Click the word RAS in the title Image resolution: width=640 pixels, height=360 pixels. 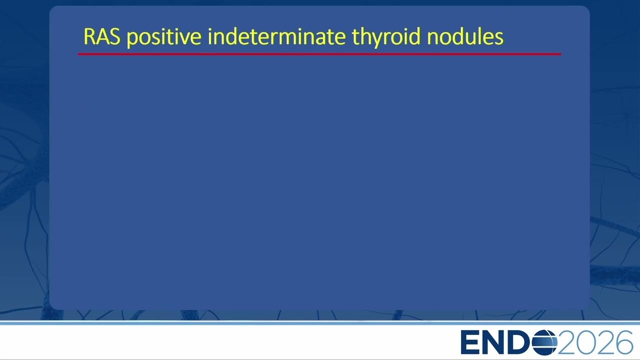[x=102, y=36]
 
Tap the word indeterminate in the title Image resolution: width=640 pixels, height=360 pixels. [x=277, y=36]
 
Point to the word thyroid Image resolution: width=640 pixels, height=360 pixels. [x=386, y=37]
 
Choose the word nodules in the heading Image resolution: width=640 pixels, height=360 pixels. [x=465, y=36]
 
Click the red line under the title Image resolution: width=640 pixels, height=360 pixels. [x=319, y=54]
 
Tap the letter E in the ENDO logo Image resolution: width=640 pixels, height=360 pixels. [x=469, y=342]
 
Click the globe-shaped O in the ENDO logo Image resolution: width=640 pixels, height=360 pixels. [x=544, y=342]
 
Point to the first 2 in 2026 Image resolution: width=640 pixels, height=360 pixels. [x=566, y=342]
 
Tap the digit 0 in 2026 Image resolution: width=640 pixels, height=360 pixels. [x=586, y=342]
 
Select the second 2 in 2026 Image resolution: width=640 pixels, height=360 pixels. [x=604, y=342]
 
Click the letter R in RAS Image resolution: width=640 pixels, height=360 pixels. [x=89, y=36]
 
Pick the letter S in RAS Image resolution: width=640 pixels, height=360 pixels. [x=114, y=36]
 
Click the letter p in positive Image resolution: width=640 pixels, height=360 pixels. [x=132, y=40]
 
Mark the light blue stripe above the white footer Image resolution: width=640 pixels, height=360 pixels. [x=320, y=323]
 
